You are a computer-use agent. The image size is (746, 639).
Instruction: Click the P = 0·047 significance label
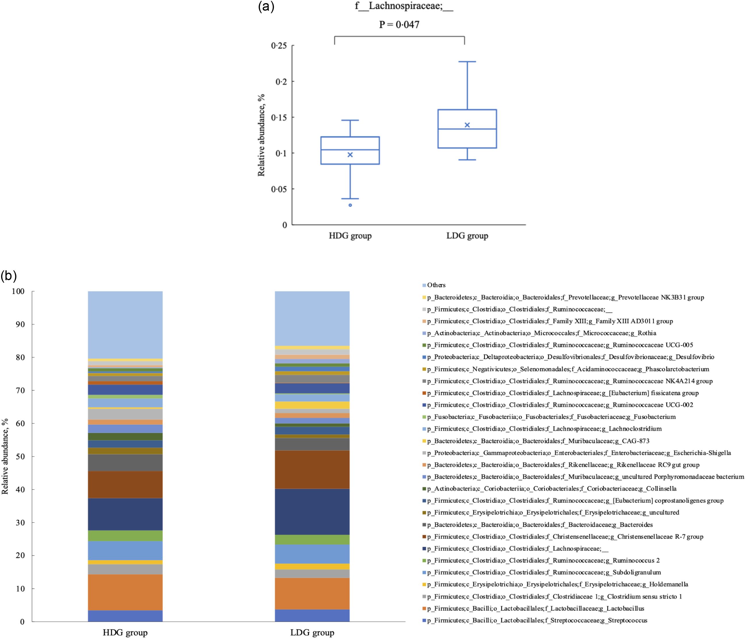399,24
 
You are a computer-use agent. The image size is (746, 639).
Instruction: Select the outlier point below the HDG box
350,205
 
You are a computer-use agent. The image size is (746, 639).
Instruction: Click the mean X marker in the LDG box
467,125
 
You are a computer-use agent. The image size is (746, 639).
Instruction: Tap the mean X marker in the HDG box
350,155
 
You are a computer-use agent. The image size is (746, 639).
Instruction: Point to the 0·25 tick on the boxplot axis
279,46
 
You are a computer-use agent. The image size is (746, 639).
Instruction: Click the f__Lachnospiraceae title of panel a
404,6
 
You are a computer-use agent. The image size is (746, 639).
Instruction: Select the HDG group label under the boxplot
350,236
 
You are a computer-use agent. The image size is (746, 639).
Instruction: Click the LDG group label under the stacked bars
312,632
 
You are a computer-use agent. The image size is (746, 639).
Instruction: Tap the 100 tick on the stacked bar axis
18,291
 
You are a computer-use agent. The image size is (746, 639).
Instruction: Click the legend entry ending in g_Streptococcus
537,620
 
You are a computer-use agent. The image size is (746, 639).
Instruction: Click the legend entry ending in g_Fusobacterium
551,417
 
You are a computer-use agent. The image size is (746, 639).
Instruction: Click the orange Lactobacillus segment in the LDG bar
312,593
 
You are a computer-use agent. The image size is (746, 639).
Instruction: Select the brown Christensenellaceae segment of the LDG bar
312,469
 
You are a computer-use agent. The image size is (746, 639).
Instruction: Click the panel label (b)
9,276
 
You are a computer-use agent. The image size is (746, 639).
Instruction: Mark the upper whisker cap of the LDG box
467,62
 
